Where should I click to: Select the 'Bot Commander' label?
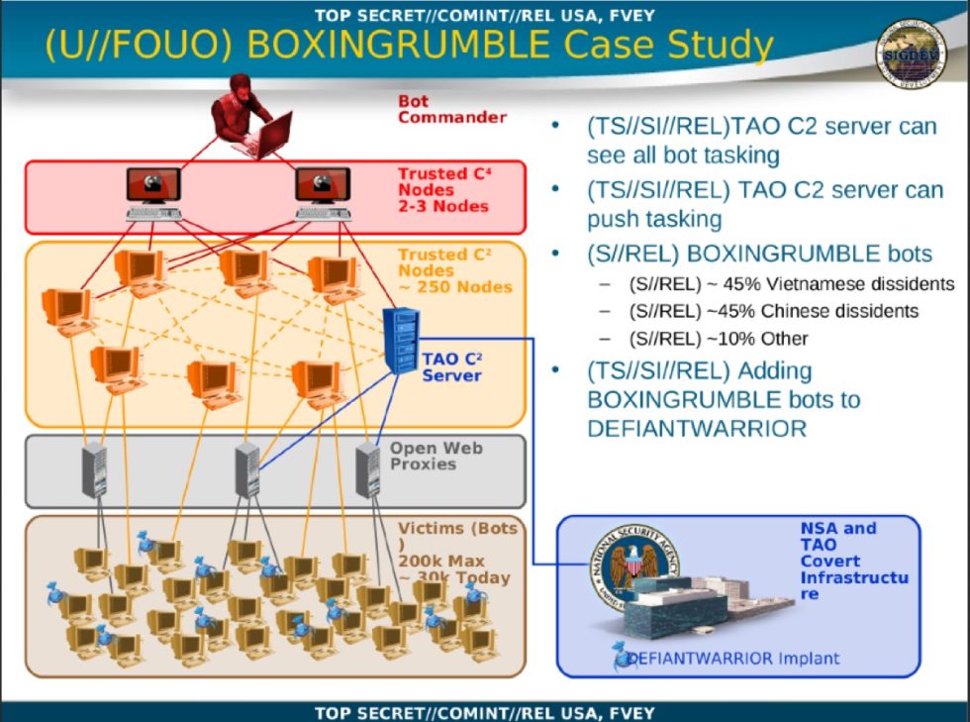tap(452, 109)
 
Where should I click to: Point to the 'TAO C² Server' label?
tap(452, 366)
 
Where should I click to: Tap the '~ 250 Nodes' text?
tap(455, 287)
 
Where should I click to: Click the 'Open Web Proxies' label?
tap(436, 456)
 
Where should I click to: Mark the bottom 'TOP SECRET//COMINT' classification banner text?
tap(484, 712)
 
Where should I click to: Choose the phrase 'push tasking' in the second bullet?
tap(654, 219)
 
